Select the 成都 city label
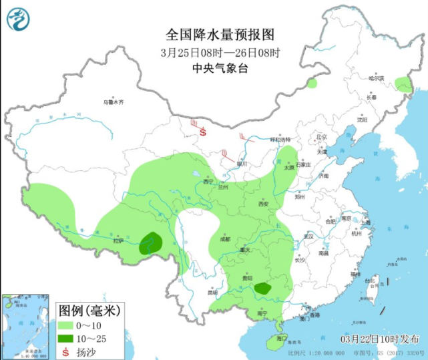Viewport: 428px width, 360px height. point(225,238)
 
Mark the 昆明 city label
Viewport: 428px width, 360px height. point(212,293)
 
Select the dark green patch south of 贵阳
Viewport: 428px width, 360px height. point(263,289)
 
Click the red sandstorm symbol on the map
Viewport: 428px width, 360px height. point(202,134)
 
